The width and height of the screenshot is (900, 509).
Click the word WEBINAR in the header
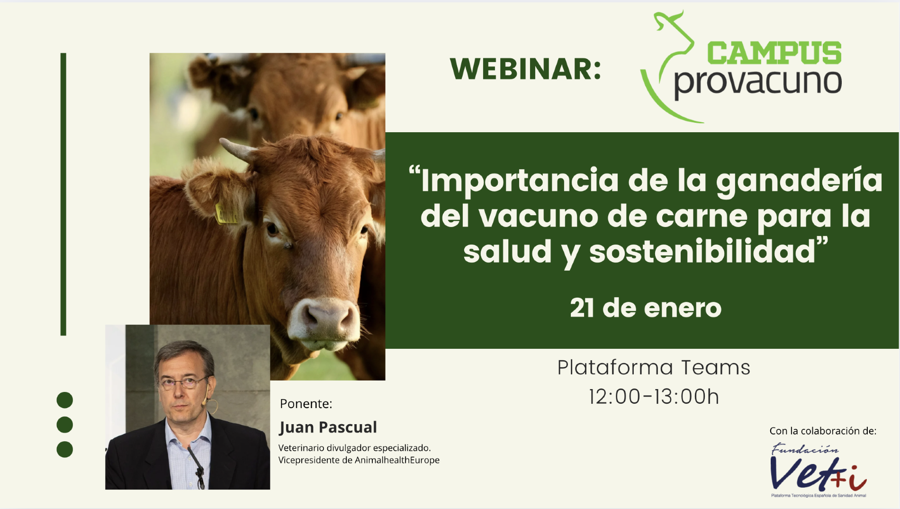(x=525, y=69)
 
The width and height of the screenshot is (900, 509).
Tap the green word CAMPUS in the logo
(x=774, y=53)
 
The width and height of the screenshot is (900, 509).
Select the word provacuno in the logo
(x=757, y=83)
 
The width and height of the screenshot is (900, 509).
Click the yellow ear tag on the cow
(x=226, y=214)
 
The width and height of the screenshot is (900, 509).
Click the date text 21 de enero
(x=645, y=308)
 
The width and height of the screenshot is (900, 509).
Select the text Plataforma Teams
(x=654, y=368)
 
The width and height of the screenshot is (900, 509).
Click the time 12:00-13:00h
(x=654, y=397)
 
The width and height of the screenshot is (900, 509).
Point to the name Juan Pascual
(x=328, y=427)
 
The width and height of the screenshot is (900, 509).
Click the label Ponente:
(x=306, y=404)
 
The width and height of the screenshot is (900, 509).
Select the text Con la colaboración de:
(x=823, y=431)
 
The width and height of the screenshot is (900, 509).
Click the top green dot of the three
(x=65, y=400)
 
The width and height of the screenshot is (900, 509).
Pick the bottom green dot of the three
(x=65, y=449)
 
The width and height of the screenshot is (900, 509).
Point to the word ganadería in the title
(x=799, y=181)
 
